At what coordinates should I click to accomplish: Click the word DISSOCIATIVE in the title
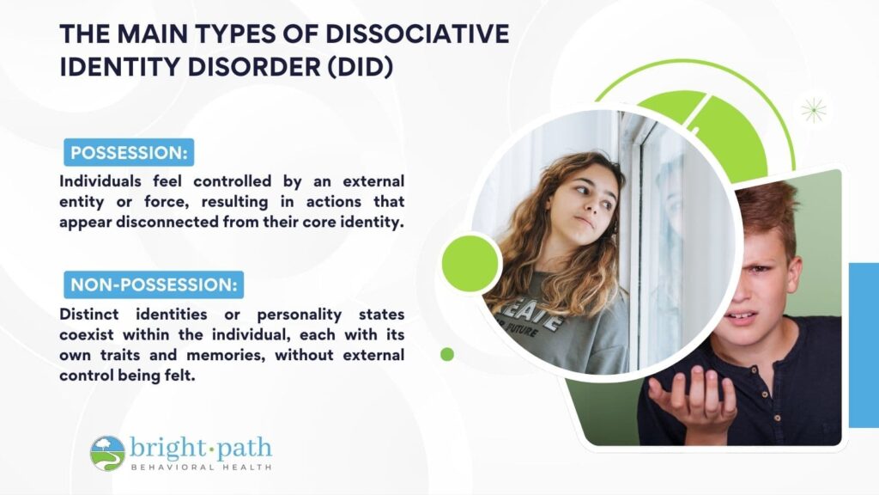pyautogui.click(x=417, y=34)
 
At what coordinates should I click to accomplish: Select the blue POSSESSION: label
pyautogui.click(x=129, y=153)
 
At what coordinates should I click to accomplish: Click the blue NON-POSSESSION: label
pyautogui.click(x=154, y=284)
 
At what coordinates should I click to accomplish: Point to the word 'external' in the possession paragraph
pyautogui.click(x=373, y=181)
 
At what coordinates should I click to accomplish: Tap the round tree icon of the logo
pyautogui.click(x=107, y=454)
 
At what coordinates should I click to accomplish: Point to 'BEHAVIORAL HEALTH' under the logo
pyautogui.click(x=201, y=467)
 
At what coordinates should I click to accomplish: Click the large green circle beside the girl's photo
pyautogui.click(x=470, y=263)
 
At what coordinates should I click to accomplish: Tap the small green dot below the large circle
pyautogui.click(x=447, y=354)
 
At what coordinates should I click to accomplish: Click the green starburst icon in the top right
pyautogui.click(x=814, y=110)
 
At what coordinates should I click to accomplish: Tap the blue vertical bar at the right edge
pyautogui.click(x=864, y=345)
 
